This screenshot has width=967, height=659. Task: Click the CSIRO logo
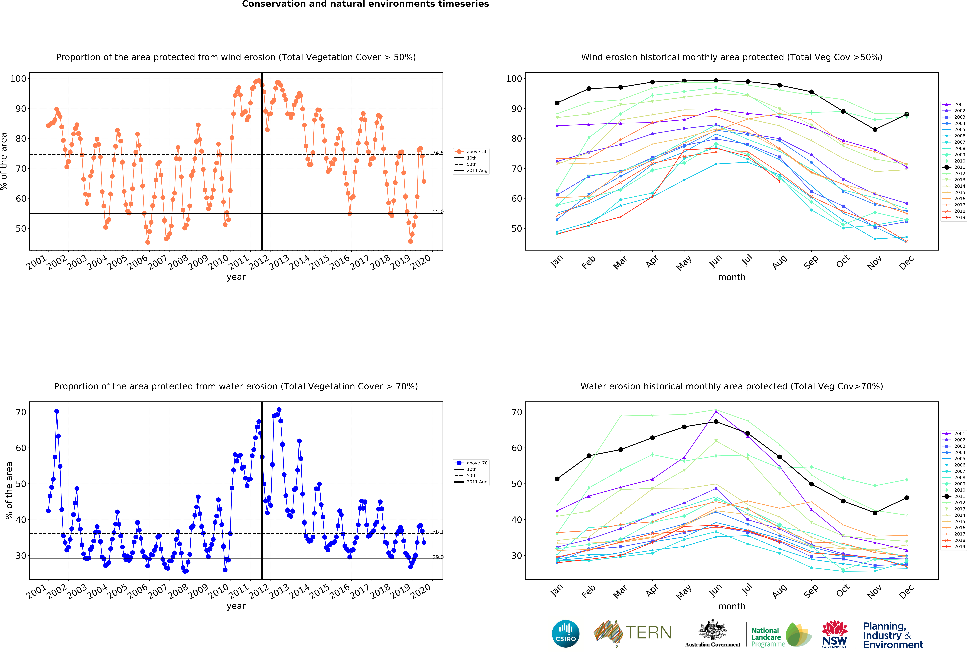[x=565, y=634]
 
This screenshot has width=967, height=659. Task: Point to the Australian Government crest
[x=712, y=630]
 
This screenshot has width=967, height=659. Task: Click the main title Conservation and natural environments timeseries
[x=365, y=4]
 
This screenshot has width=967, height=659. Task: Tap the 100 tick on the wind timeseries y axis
[x=18, y=79]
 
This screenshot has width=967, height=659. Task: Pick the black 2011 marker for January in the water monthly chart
[x=557, y=479]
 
